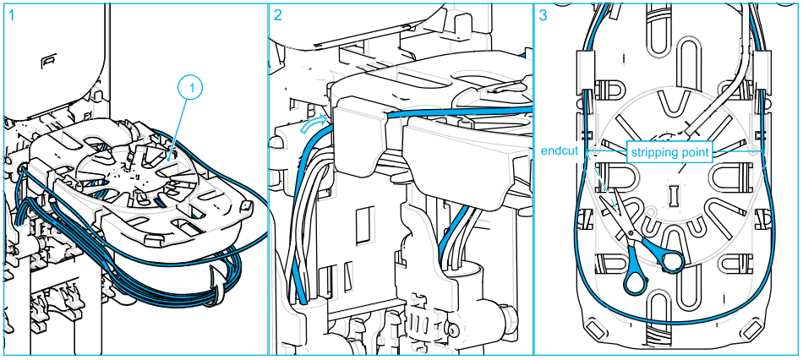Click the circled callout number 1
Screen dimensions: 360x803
(x=191, y=87)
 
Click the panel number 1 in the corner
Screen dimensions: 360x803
(x=11, y=14)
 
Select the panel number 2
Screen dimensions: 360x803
(x=278, y=14)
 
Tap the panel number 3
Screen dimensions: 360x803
(x=544, y=14)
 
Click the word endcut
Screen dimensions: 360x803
(x=559, y=152)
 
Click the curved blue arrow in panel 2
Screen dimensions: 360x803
(x=314, y=125)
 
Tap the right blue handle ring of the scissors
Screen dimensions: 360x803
(x=672, y=259)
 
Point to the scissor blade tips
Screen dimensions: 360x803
(x=603, y=183)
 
